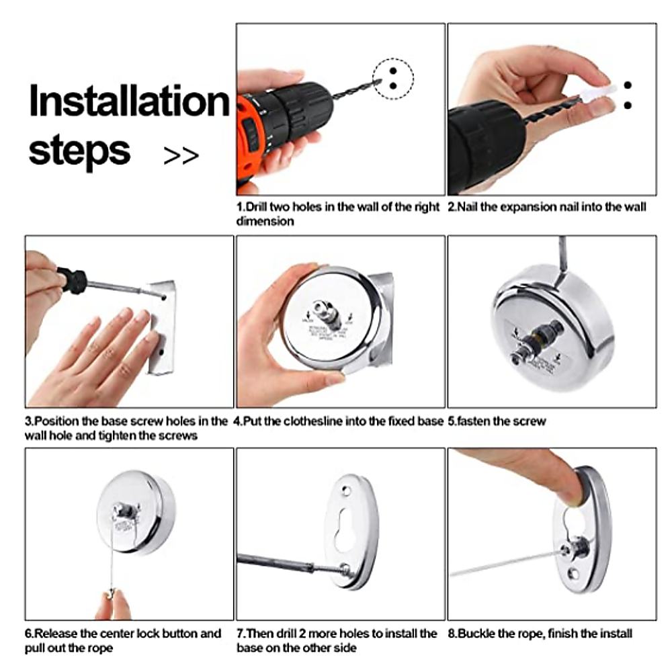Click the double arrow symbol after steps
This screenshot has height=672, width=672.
click(181, 156)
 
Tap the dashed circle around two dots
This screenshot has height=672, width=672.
click(393, 79)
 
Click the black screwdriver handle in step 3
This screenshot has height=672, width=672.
click(73, 280)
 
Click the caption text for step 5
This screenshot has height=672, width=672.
click(497, 421)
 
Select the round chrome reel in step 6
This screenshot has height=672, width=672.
click(136, 512)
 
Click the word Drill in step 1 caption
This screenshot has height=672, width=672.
click(257, 207)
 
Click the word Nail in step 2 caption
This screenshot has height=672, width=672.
click(468, 207)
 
